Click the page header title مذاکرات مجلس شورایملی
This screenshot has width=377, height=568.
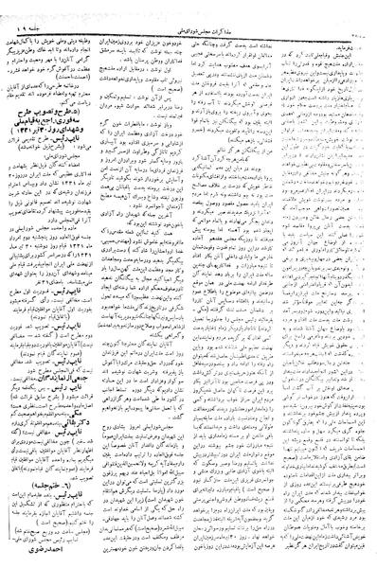pyautogui.click(x=189, y=9)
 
